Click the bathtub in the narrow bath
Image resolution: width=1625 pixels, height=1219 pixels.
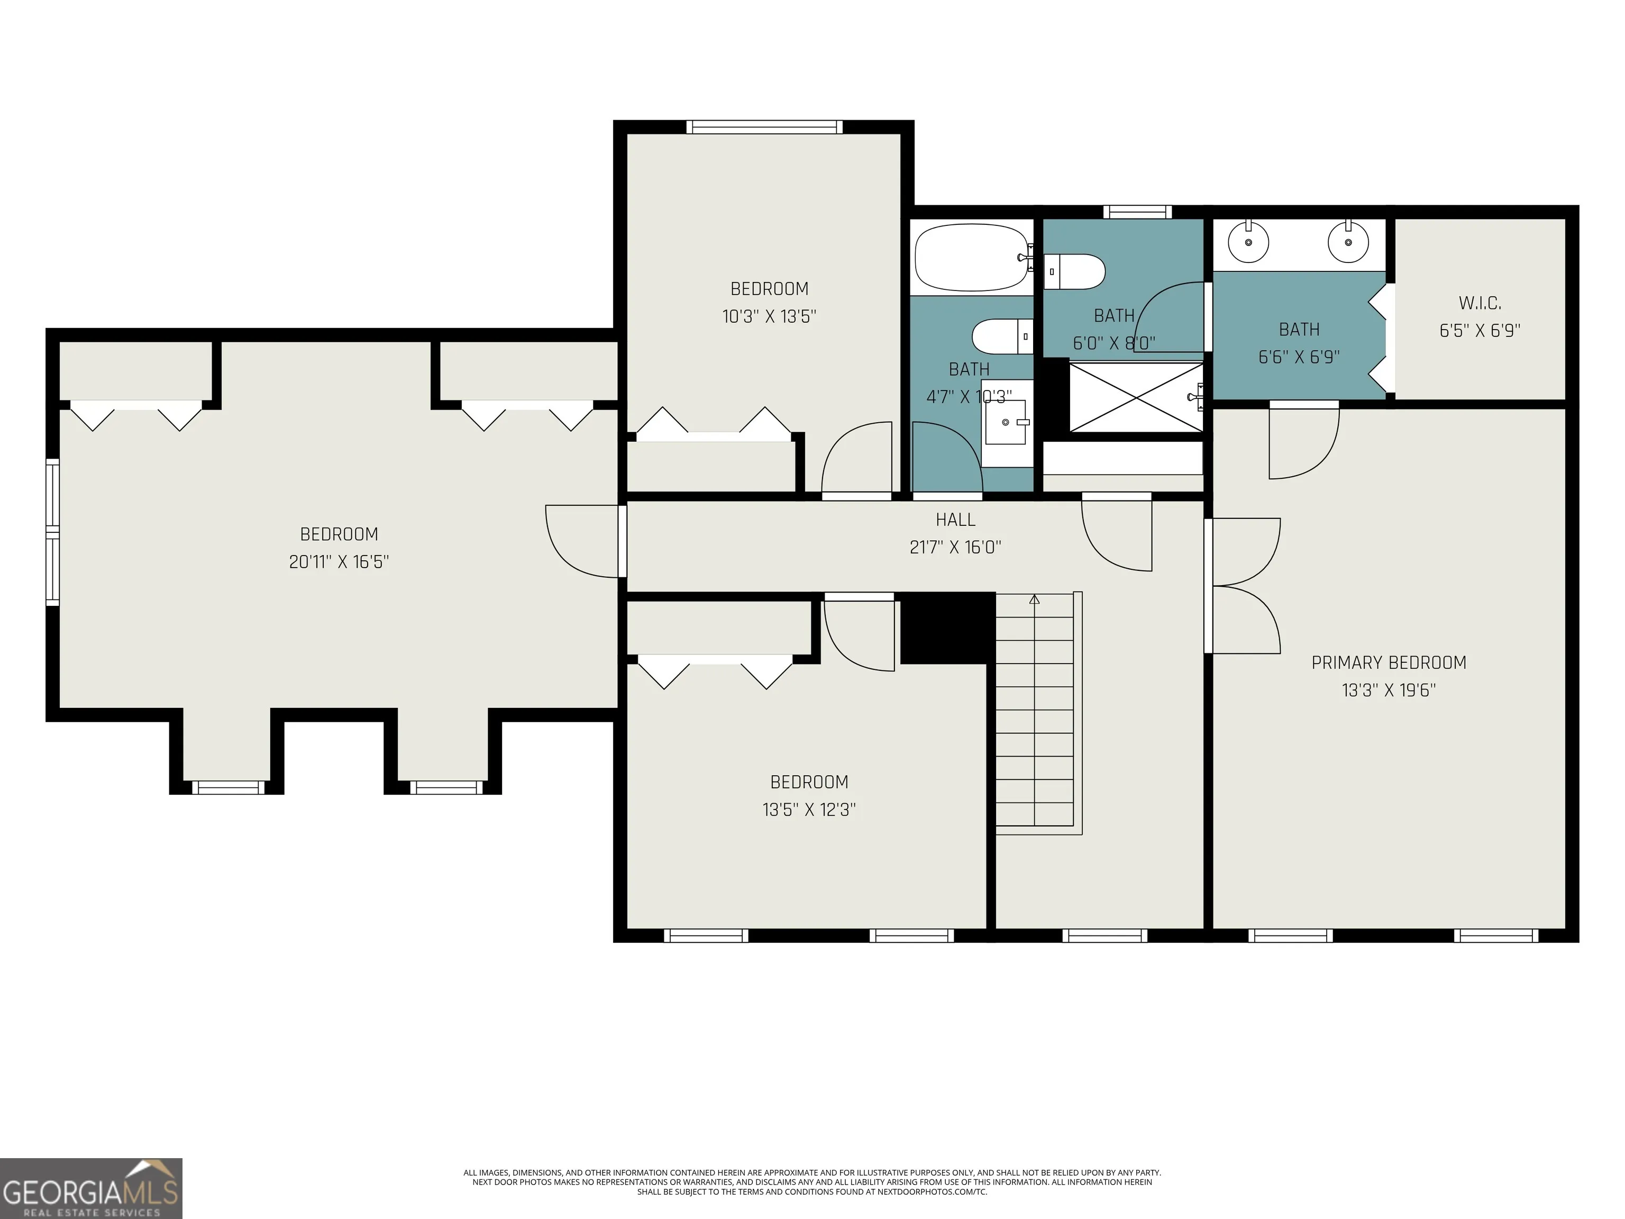(x=972, y=257)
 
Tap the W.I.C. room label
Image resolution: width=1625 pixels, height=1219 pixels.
(x=1480, y=303)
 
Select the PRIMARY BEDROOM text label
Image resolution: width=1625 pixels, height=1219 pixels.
(x=1389, y=663)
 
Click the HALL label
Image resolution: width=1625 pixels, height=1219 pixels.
(x=955, y=520)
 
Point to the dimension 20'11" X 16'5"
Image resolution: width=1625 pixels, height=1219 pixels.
(x=339, y=562)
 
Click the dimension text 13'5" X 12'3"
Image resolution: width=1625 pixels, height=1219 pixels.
(x=809, y=809)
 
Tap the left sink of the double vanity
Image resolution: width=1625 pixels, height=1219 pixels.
(x=1248, y=242)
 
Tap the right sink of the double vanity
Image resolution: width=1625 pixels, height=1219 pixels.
(x=1349, y=242)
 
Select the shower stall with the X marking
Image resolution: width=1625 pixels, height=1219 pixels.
(x=1136, y=397)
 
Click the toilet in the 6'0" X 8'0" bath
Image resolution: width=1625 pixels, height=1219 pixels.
(x=1074, y=272)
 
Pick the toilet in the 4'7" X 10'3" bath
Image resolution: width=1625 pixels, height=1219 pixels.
(x=1002, y=336)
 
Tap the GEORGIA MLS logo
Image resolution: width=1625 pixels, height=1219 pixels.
(x=91, y=1188)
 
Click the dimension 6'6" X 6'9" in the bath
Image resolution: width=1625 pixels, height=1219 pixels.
(x=1299, y=357)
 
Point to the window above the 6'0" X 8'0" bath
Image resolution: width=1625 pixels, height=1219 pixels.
(x=1137, y=212)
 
